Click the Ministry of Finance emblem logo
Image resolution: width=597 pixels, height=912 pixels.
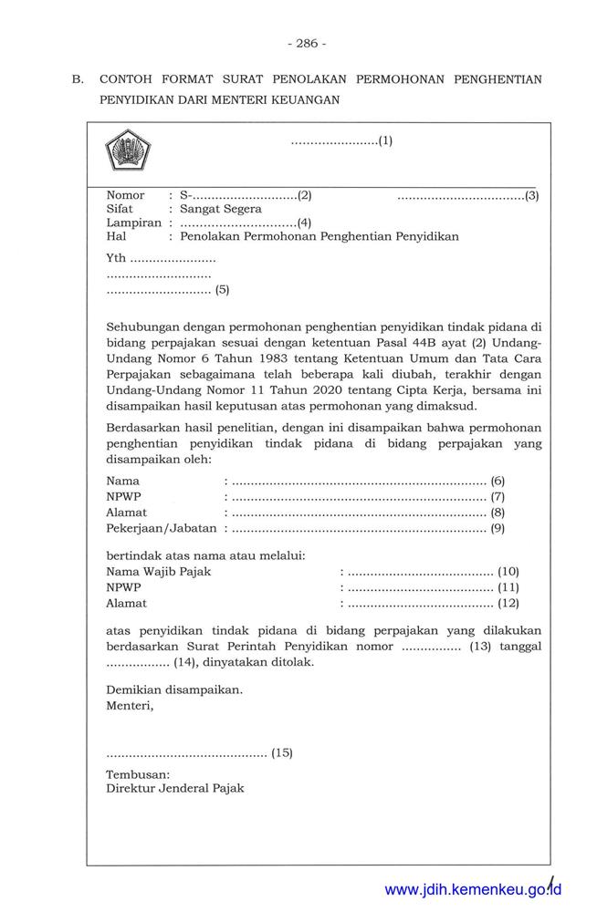[x=128, y=150]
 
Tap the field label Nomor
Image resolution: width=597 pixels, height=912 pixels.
[x=125, y=195]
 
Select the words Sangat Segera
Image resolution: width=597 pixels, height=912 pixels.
[x=221, y=209]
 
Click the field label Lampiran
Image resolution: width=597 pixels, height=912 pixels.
[x=133, y=223]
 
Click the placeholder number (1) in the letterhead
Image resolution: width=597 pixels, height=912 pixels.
[x=385, y=141]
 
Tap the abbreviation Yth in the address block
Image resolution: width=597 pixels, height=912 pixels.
[x=116, y=258]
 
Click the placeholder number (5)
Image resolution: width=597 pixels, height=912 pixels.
[x=222, y=291]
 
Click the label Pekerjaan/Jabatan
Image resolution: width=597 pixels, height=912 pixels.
[x=162, y=527]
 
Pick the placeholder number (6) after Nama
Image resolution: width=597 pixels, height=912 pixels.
[x=497, y=480]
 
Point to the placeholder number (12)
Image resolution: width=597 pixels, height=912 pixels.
[x=508, y=603]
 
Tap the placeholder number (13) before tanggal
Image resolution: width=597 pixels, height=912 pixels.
[x=480, y=646]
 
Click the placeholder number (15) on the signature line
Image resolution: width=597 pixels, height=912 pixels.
[x=282, y=752]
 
